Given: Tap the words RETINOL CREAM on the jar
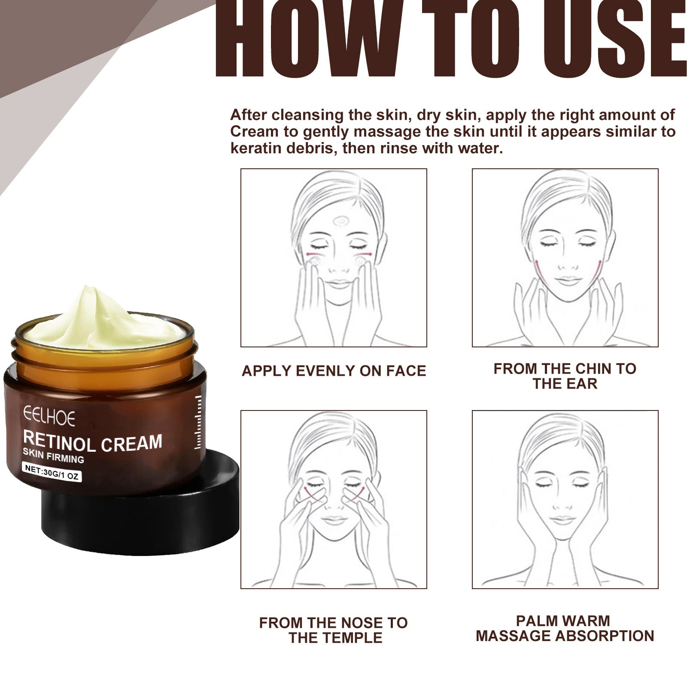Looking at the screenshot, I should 93,442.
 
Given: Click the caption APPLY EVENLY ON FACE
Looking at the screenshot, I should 334,371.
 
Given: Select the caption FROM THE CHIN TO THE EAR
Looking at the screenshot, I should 565,376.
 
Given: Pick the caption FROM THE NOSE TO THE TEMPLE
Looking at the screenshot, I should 334,630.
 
